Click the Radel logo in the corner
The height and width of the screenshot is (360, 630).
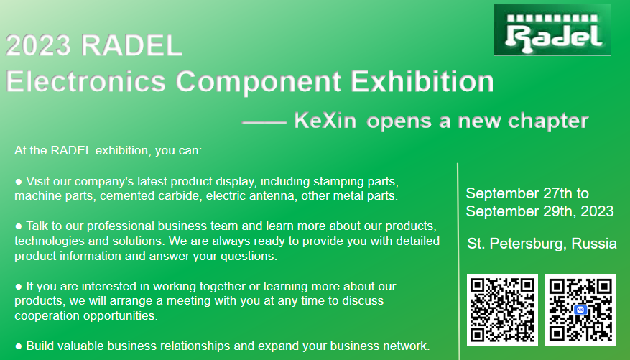point(552,30)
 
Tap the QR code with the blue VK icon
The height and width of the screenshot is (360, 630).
point(580,310)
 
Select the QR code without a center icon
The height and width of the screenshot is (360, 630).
point(502,310)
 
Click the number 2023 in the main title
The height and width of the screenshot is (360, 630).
point(38,45)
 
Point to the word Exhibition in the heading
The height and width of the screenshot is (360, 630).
point(422,81)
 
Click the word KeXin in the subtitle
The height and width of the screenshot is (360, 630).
point(325,120)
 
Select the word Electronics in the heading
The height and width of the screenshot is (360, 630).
point(85,81)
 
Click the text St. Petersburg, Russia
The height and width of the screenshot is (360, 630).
point(542,244)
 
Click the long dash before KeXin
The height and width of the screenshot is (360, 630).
point(264,121)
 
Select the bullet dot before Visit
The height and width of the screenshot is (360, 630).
point(19,182)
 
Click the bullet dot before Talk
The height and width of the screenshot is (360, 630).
point(19,226)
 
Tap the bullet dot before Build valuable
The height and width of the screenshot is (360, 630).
point(19,346)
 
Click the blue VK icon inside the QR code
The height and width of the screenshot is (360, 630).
point(580,310)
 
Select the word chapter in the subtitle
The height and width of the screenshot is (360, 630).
point(548,121)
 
